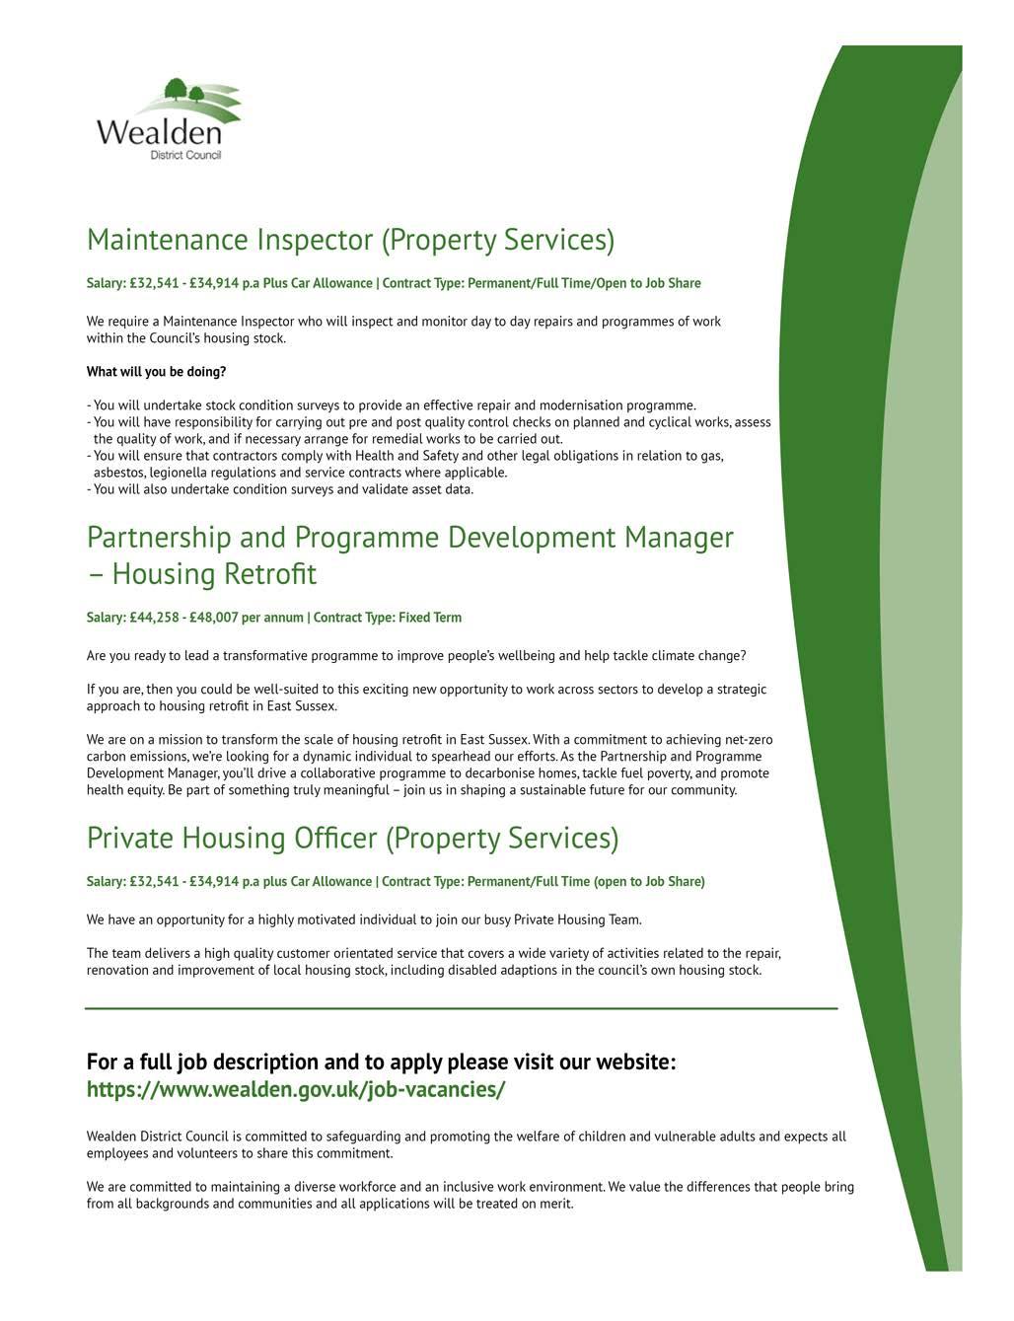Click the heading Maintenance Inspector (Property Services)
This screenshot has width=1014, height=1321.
pyautogui.click(x=350, y=240)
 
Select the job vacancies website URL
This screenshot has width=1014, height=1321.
pyautogui.click(x=296, y=1089)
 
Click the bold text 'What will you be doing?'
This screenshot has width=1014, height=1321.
pyautogui.click(x=156, y=372)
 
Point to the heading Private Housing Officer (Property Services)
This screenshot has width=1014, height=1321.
pyautogui.click(x=352, y=838)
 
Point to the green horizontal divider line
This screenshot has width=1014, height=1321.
pyautogui.click(x=461, y=1008)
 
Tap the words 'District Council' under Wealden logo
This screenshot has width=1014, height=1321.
pyautogui.click(x=185, y=156)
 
